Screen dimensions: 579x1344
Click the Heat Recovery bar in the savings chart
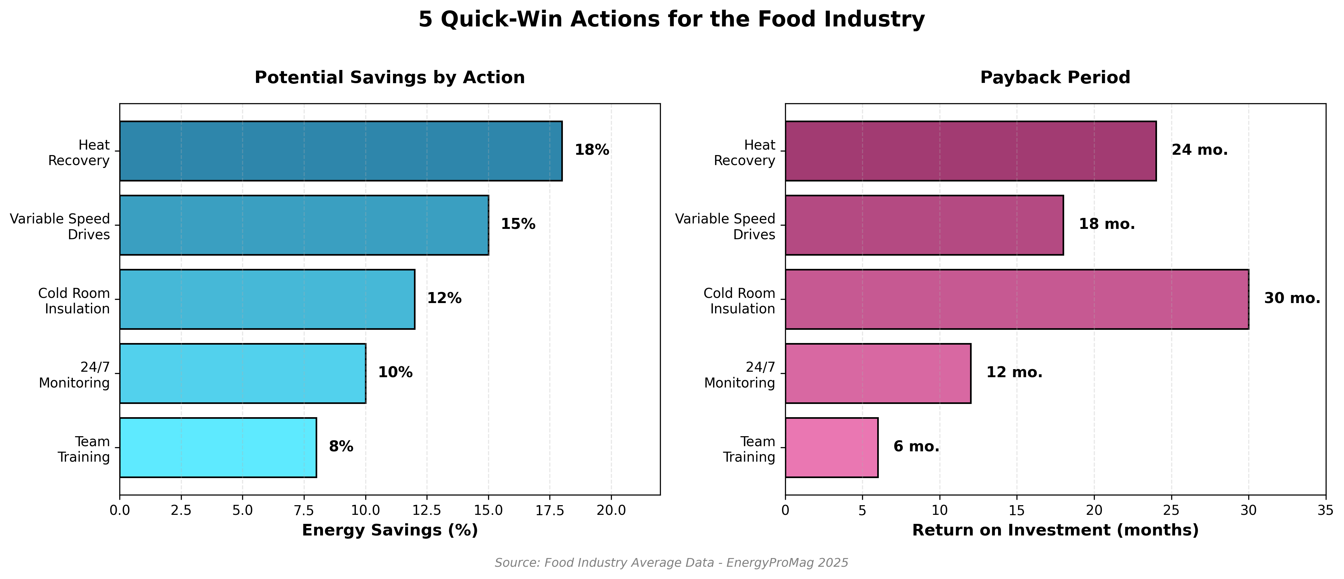coord(341,151)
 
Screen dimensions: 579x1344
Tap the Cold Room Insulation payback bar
coord(1016,299)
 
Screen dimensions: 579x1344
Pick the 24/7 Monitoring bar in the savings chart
coord(243,374)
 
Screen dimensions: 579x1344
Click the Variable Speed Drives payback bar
coord(924,225)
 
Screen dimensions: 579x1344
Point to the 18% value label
coord(592,150)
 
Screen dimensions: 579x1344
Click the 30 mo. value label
coord(1292,299)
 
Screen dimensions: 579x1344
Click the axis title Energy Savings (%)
coord(390,531)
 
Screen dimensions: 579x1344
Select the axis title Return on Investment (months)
coord(1055,531)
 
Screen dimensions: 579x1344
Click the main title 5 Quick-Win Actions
coord(672,20)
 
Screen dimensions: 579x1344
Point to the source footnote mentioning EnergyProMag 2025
coord(672,563)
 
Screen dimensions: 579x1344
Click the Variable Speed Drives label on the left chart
coord(60,226)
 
